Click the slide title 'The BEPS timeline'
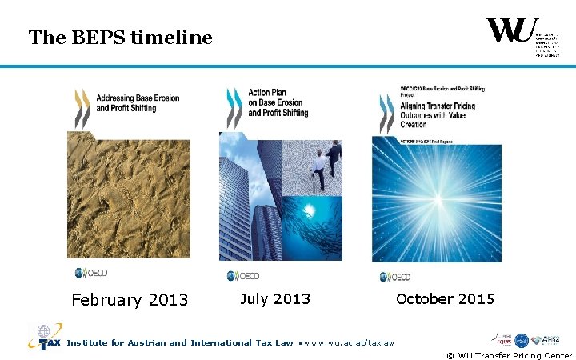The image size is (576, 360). point(120,38)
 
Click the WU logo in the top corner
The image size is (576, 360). point(512,33)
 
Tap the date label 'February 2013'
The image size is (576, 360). point(130,300)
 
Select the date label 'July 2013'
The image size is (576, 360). point(275,299)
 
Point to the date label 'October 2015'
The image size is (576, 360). point(445,299)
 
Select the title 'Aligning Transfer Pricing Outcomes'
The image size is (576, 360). point(437,114)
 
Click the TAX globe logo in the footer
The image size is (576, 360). point(44,338)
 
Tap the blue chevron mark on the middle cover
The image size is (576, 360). point(234,108)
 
